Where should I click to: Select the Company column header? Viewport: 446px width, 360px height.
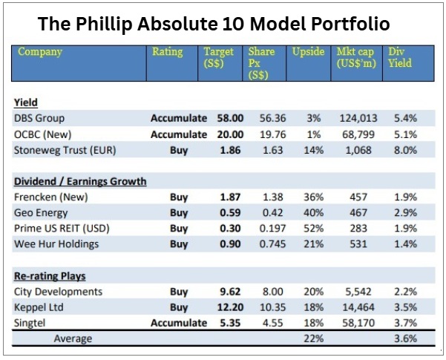[40, 53]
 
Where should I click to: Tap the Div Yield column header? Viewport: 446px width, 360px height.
[401, 58]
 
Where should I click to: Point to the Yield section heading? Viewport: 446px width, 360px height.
[26, 102]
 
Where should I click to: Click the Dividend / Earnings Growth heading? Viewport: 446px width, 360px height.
[80, 180]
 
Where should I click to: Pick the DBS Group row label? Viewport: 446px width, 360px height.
[39, 117]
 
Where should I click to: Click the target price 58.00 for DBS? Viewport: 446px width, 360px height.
[219, 117]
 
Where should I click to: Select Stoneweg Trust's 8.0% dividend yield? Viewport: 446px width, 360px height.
[405, 151]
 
